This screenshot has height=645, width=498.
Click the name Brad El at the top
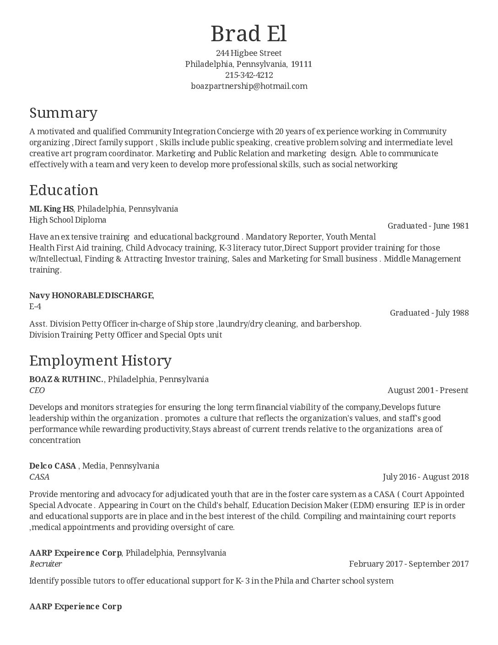[x=249, y=34]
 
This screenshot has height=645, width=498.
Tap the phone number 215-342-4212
[x=249, y=75]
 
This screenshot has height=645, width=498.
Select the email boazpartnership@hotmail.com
[x=249, y=86]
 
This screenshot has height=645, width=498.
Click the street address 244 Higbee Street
[x=249, y=53]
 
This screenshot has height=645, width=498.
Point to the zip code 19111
[x=301, y=64]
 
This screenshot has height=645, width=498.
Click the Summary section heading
[x=63, y=113]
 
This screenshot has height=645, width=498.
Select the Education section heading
[x=64, y=190]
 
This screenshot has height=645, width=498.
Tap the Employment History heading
[x=100, y=361]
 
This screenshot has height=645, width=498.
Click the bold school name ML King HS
[x=51, y=209]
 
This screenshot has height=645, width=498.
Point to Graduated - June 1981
[x=428, y=226]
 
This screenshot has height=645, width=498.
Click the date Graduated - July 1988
[x=429, y=313]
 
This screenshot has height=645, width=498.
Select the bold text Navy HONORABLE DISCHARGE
[x=91, y=295]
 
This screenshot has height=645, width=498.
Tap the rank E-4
[x=35, y=306]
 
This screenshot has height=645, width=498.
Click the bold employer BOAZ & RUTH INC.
[x=66, y=379]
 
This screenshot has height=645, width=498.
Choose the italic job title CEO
[x=37, y=390]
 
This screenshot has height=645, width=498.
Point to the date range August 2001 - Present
[x=428, y=390]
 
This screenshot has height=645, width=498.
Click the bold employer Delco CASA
[x=53, y=466]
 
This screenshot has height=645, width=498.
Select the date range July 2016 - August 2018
[x=425, y=477]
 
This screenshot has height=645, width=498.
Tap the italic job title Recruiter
[x=46, y=564]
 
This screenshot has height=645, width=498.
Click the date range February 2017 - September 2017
[x=408, y=564]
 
